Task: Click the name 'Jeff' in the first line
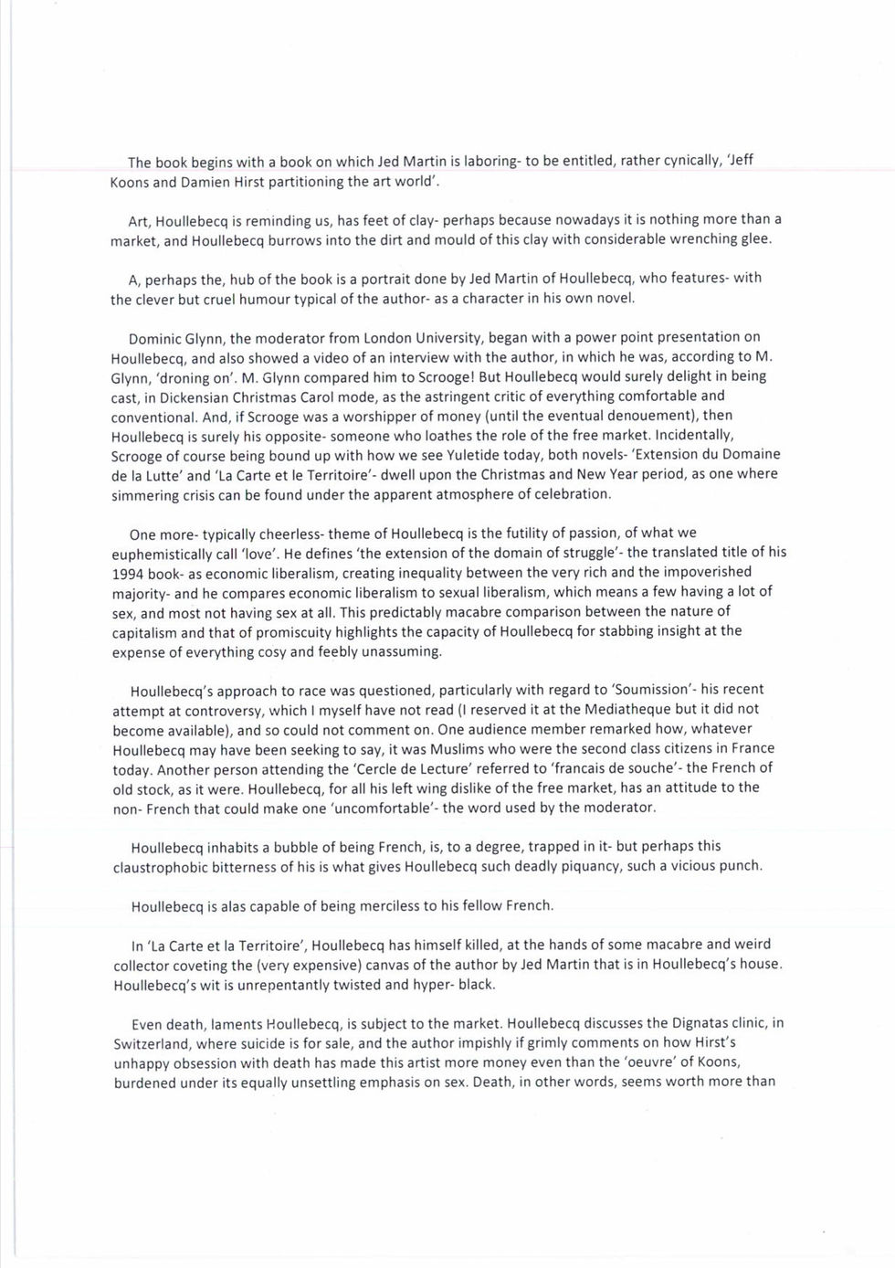coord(740,161)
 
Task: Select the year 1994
coord(129,572)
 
